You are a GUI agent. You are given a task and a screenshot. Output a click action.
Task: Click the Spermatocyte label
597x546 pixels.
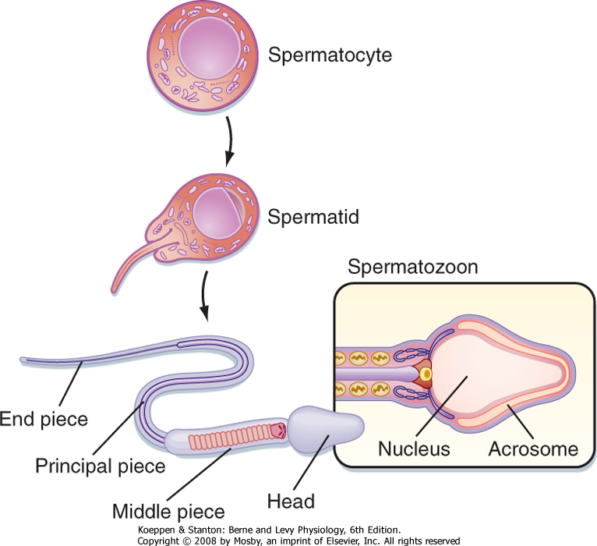click(330, 55)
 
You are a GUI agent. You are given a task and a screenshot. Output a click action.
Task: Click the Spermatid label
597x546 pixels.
click(313, 217)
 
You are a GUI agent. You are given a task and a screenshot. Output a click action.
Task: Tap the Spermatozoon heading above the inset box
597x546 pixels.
click(413, 268)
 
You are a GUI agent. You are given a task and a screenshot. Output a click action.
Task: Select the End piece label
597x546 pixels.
click(44, 419)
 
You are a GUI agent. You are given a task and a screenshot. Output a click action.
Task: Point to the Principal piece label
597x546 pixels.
click(101, 466)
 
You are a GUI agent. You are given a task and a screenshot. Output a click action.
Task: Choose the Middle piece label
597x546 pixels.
click(168, 512)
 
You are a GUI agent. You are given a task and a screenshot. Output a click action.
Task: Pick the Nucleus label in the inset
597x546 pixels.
click(414, 449)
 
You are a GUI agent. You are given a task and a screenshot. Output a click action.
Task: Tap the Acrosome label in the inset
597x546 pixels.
click(533, 449)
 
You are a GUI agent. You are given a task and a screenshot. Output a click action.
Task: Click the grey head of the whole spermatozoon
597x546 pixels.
click(326, 427)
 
